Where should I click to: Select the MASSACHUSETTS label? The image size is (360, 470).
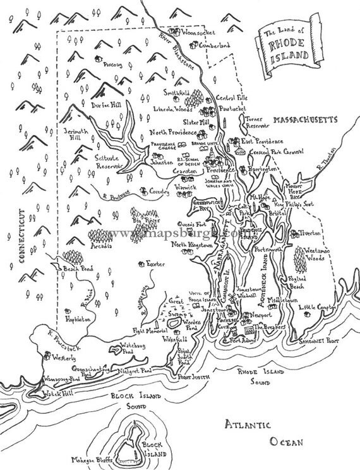(305, 119)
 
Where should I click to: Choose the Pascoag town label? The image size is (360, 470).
(114, 63)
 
